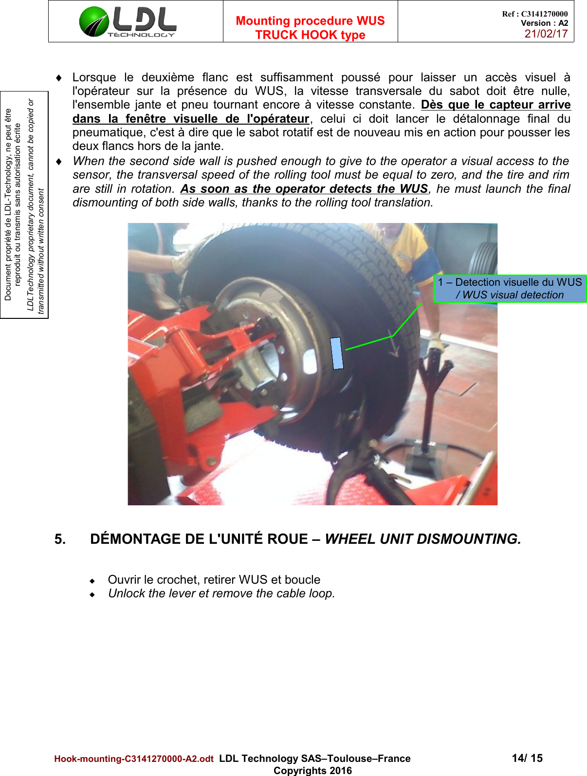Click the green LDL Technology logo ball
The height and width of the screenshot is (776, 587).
coord(94,22)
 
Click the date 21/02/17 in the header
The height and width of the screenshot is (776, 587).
coord(546,34)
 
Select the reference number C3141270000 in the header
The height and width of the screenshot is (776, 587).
coord(544,14)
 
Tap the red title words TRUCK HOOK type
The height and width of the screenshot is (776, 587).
coord(310,35)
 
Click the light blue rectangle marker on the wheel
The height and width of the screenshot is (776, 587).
coord(337,353)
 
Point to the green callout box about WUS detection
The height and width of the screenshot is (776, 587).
coord(510,289)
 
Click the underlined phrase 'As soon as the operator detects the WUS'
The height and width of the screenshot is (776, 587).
coord(304,189)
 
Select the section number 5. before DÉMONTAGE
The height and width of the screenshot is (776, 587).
coord(60,539)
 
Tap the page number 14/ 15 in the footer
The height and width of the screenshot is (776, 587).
coord(527,758)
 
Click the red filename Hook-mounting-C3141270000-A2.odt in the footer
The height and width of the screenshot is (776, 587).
coord(134,759)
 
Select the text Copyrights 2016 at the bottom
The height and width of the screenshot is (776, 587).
coord(312,771)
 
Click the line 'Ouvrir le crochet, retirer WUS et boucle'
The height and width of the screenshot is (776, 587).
coord(214,580)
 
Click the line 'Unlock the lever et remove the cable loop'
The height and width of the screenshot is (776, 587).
coord(221,593)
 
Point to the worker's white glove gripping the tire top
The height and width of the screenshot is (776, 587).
coord(182,265)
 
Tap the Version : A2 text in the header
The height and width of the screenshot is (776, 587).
coord(544,23)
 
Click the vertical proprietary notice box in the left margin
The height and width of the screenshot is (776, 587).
coord(24,204)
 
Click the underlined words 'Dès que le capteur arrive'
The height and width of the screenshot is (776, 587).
coord(495,105)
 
